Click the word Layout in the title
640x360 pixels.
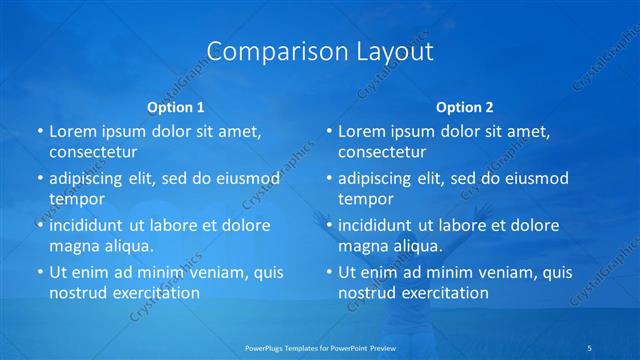(x=395, y=51)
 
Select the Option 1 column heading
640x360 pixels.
(x=175, y=107)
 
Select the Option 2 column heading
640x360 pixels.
(x=464, y=107)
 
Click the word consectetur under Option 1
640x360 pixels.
(x=92, y=153)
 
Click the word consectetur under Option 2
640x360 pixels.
(x=381, y=153)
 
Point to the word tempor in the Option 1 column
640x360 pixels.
(x=73, y=199)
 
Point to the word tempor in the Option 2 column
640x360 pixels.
(x=362, y=199)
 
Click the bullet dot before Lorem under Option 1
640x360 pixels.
(x=39, y=132)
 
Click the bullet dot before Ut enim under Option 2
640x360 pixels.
(x=328, y=272)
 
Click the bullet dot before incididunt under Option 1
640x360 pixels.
(x=39, y=225)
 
